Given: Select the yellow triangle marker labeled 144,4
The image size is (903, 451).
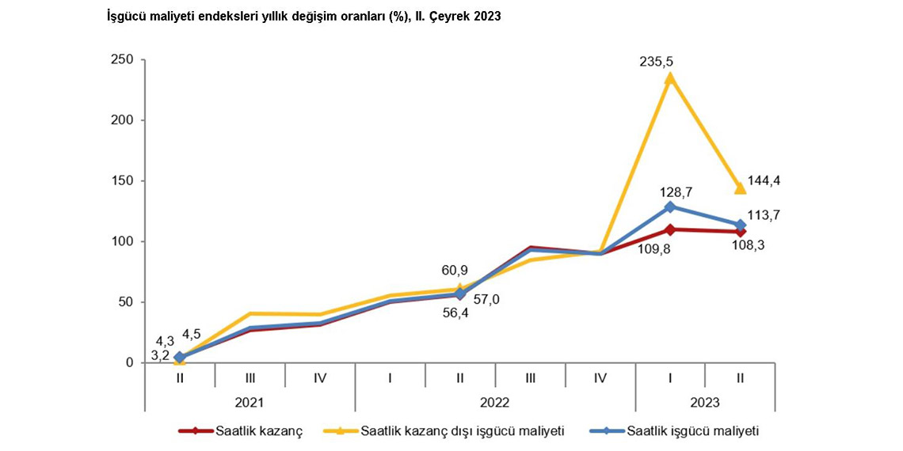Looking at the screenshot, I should point(740,188).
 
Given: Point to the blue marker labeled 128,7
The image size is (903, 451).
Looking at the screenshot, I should point(670,207).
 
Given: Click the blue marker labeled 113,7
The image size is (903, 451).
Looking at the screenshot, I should point(740,225).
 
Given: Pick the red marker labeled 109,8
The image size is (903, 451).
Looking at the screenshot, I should point(670,229).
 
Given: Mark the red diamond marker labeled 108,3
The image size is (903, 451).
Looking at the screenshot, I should point(740,231).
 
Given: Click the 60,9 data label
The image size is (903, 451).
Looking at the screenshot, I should point(454,271).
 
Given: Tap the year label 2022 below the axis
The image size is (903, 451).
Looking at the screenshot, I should point(495,403).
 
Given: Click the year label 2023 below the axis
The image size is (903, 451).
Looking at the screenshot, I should point(705,403).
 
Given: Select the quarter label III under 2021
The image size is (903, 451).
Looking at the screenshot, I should point(250,378).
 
